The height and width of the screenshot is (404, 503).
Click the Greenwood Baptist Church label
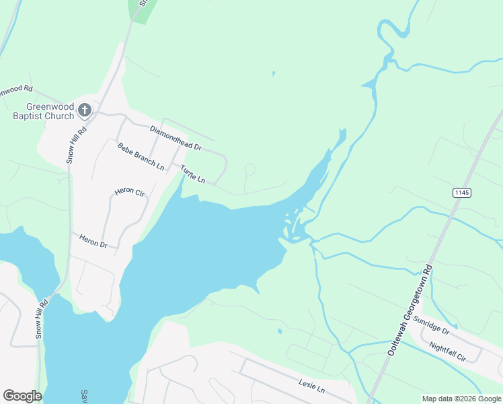click(50, 111)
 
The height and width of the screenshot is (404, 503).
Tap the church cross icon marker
click(85, 109)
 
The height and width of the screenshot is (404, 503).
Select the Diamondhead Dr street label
click(176, 137)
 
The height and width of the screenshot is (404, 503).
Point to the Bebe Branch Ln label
click(141, 156)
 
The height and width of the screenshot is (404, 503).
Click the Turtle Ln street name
click(192, 175)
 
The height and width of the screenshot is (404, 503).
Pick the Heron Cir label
click(130, 192)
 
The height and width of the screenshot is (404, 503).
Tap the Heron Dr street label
click(93, 240)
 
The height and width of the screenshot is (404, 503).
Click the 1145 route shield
click(461, 193)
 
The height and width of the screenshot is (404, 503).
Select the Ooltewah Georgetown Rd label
click(410, 310)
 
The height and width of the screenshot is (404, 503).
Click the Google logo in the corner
click(22, 396)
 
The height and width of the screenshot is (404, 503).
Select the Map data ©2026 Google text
click(461, 399)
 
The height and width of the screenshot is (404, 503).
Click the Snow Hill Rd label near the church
click(76, 144)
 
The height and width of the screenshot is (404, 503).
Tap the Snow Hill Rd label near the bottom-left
click(42, 318)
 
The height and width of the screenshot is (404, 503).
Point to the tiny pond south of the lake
click(279, 331)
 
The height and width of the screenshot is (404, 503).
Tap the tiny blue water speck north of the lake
click(273, 73)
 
